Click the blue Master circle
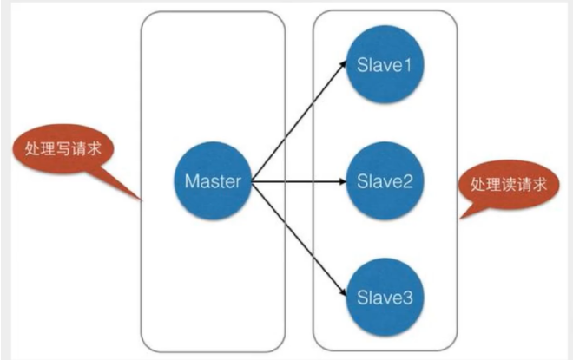[213, 182]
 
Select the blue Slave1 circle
[384, 67]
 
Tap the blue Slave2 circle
[384, 182]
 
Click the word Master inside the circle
[213, 182]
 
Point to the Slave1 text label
[384, 67]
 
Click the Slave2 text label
[384, 182]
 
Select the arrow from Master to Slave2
[300, 182]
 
